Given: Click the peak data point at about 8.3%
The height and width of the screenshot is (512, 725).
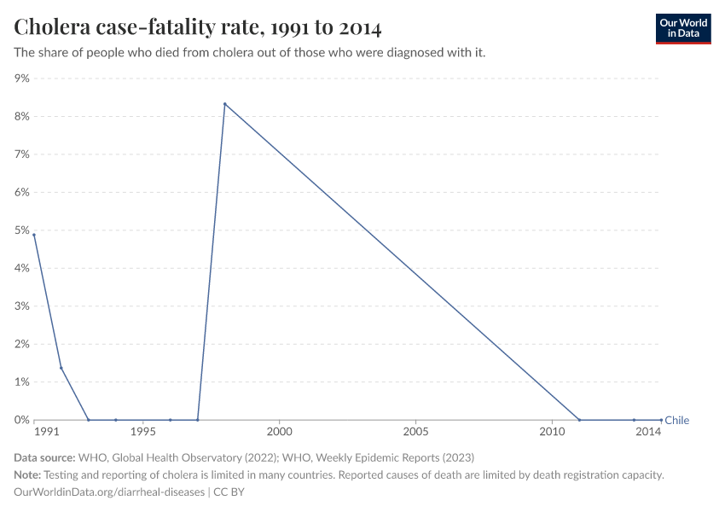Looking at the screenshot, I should click(224, 104).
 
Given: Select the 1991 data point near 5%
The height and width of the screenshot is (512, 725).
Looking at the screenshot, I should click(34, 235).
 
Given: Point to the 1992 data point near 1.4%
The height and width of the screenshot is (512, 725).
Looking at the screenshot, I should click(61, 368).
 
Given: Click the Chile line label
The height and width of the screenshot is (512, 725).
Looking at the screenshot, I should click(676, 420).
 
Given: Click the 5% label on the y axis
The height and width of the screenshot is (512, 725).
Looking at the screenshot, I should click(21, 230).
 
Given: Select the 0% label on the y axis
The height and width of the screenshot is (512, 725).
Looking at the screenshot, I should click(21, 420).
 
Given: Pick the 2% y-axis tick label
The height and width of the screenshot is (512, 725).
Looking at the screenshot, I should click(21, 344).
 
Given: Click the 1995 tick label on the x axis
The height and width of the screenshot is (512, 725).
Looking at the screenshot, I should click(143, 433).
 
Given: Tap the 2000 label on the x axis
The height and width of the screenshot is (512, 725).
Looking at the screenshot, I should click(280, 433).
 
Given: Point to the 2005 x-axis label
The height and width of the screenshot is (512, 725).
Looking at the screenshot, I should click(415, 433).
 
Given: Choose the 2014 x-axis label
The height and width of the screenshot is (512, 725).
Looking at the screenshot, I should click(649, 433).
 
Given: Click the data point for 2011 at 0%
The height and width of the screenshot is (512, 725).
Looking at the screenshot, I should click(579, 420).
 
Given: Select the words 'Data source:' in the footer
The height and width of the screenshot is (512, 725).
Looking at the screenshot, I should click(44, 458).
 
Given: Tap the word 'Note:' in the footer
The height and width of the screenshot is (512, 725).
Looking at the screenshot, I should click(28, 475).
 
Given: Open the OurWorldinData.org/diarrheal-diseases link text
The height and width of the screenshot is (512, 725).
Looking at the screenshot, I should click(109, 492).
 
